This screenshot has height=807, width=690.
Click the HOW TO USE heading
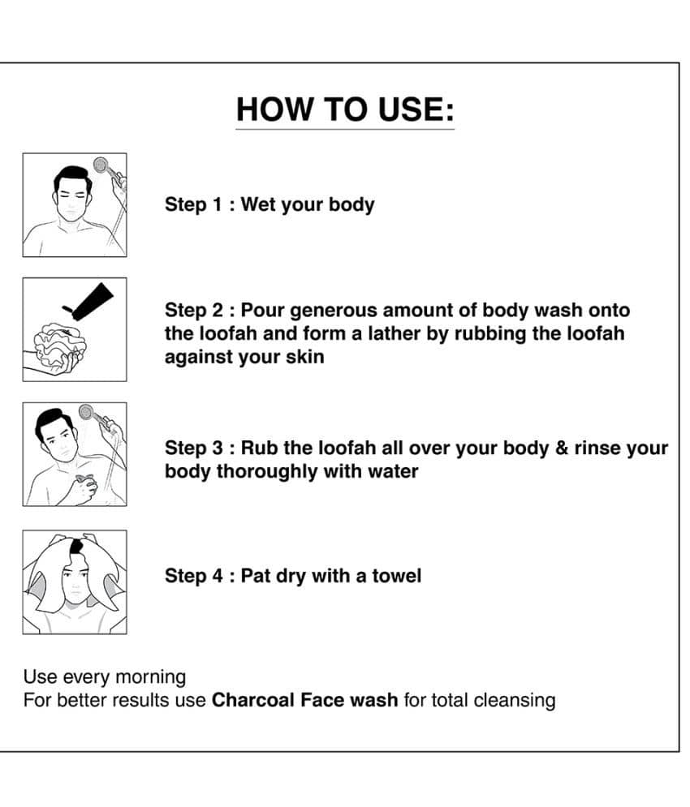345,109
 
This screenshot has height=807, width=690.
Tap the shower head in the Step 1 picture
101,165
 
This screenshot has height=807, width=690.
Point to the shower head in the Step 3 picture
87,412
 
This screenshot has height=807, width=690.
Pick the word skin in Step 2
305,357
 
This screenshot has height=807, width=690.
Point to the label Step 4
194,577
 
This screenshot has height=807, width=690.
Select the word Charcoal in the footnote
253,701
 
